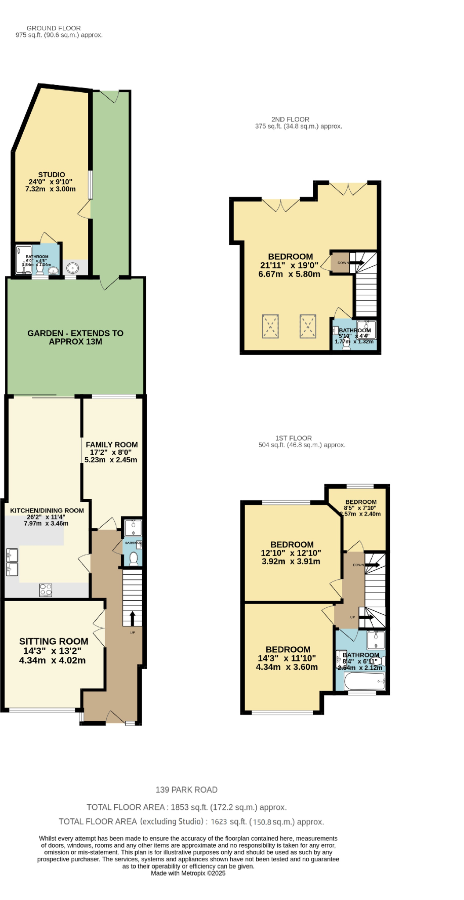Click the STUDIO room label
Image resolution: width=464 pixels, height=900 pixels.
coord(51,174)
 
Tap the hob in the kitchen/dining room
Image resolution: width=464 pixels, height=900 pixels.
coord(46,590)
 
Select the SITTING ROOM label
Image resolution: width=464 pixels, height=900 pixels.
coord(54,641)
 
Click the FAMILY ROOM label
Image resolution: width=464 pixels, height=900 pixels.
coord(112,445)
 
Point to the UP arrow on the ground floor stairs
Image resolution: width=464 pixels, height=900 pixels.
coord(132,617)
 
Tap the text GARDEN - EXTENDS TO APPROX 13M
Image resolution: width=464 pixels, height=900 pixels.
coord(76,337)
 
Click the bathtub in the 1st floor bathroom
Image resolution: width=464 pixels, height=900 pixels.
coord(364,682)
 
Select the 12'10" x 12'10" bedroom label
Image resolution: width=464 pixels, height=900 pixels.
coord(292,544)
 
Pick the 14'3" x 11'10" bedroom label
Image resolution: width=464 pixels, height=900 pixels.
coord(288,650)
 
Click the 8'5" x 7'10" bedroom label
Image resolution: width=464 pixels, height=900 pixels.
coord(361,502)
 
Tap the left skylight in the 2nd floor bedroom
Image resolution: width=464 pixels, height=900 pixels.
coord(270,326)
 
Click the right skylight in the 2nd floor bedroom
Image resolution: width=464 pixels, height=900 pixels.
coord(308,326)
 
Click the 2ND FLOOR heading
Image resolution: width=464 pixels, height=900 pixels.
coord(290,119)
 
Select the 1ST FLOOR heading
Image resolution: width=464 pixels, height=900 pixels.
coord(294,438)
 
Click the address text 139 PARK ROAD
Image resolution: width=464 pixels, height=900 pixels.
coord(186,790)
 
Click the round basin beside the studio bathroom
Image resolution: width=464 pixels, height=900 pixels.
coord(72,267)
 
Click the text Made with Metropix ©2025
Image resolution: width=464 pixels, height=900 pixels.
coord(188,873)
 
